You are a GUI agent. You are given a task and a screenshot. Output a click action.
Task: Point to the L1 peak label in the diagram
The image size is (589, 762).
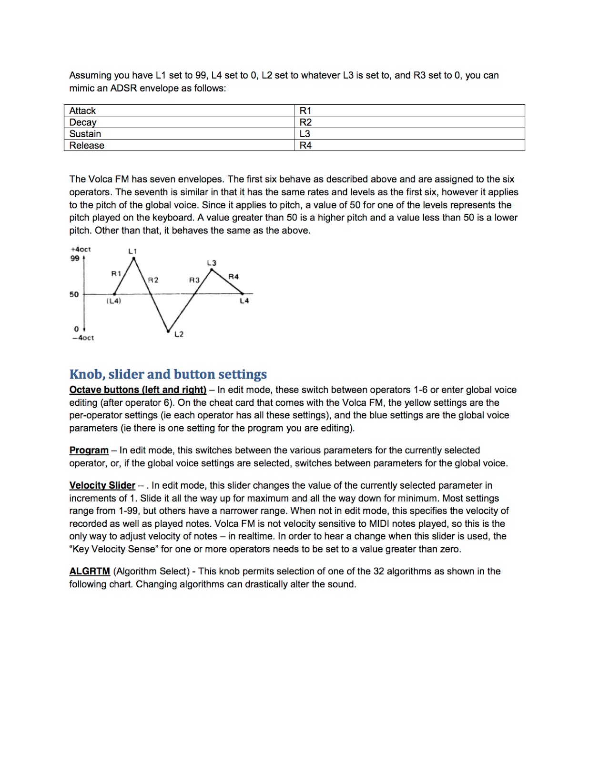pyautogui.click(x=132, y=251)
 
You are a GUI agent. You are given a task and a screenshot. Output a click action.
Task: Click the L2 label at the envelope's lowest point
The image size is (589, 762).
pyautogui.click(x=179, y=334)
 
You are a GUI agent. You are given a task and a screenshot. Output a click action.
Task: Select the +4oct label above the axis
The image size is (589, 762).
pyautogui.click(x=81, y=249)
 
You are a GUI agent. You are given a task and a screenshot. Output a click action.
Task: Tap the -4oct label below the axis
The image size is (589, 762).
pyautogui.click(x=83, y=338)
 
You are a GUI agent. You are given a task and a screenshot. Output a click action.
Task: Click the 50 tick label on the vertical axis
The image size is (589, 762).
pyautogui.click(x=74, y=294)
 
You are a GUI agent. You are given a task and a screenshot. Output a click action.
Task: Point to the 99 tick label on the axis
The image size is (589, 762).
pyautogui.click(x=75, y=258)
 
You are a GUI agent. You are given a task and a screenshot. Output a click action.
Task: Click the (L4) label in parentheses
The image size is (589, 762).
pyautogui.click(x=113, y=301)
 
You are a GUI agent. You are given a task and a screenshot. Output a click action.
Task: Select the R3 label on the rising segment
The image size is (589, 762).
pyautogui.click(x=194, y=280)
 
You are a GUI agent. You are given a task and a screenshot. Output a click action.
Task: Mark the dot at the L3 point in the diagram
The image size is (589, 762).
pyautogui.click(x=212, y=270)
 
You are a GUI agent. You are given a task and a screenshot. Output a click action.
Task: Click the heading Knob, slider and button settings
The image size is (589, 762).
pyautogui.click(x=168, y=374)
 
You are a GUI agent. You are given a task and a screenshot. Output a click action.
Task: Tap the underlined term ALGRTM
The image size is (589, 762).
pyautogui.click(x=90, y=571)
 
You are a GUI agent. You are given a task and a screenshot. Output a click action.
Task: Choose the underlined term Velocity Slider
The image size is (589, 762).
pyautogui.click(x=102, y=485)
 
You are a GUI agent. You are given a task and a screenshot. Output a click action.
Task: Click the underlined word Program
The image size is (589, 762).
pyautogui.click(x=89, y=450)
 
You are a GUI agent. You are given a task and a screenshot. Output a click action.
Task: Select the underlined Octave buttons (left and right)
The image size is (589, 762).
pyautogui.click(x=138, y=390)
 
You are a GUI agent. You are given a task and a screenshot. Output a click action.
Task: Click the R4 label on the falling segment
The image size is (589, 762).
pyautogui.click(x=234, y=276)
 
